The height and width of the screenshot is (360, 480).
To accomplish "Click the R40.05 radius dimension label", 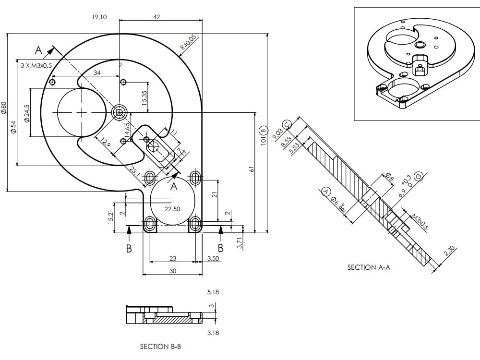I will (x=188, y=42).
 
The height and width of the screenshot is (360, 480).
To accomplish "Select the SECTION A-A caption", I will (x=369, y=267).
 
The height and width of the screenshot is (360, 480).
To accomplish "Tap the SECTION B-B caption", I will (x=160, y=346).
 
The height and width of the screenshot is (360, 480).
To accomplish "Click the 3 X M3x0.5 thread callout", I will (x=36, y=65).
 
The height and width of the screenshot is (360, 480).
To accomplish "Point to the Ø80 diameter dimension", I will (x=4, y=108).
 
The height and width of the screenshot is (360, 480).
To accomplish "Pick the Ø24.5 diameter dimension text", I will (x=27, y=113).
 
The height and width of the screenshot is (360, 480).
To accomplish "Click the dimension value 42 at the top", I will (x=156, y=17).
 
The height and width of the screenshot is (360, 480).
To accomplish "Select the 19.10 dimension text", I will (x=99, y=17).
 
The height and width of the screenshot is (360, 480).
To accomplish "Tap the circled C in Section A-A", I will (x=287, y=125).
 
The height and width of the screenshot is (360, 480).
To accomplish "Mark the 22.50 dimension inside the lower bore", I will (x=172, y=209).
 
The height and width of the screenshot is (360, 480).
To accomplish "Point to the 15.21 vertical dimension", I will (x=111, y=217).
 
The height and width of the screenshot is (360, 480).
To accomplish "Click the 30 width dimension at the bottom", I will (x=172, y=271).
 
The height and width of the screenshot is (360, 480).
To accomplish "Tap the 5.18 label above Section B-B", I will (x=213, y=292).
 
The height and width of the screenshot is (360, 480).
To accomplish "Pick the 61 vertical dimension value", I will (x=252, y=169).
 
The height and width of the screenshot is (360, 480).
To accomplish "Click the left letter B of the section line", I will (x=129, y=248).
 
